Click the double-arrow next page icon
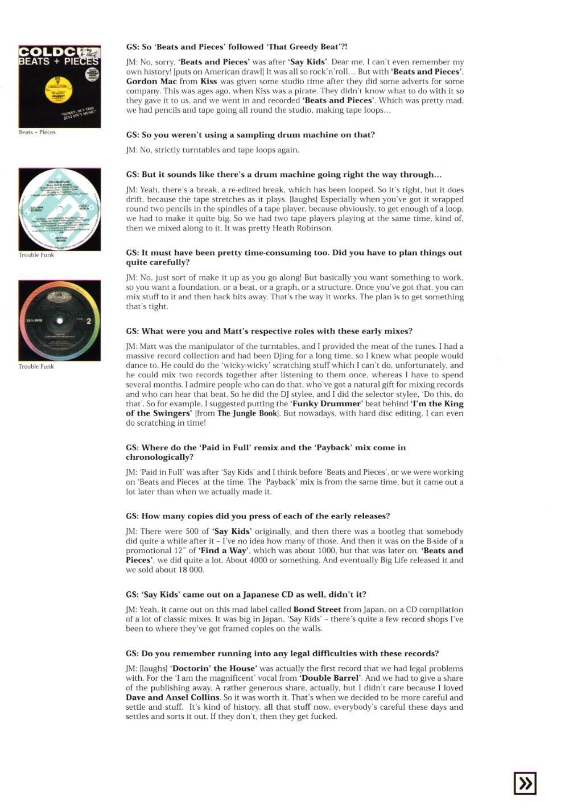pyautogui.click(x=525, y=783)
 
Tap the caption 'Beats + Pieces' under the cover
pyautogui.click(x=37, y=132)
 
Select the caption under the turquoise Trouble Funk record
pyautogui.click(x=36, y=255)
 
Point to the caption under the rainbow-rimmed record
pyautogui.click(x=36, y=367)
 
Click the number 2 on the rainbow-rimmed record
pyautogui.click(x=89, y=321)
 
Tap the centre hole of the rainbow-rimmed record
pyautogui.click(x=59, y=321)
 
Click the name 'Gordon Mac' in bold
pyautogui.click(x=151, y=81)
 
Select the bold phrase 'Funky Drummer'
pyautogui.click(x=327, y=404)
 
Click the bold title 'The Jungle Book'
pyautogui.click(x=247, y=413)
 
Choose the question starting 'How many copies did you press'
pyautogui.click(x=258, y=516)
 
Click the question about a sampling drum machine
pyautogui.click(x=250, y=135)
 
